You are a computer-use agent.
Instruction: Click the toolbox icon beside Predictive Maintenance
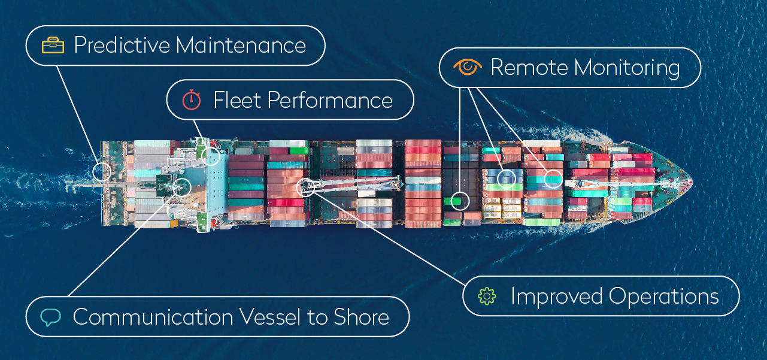point(53,46)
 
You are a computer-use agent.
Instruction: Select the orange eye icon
point(468,67)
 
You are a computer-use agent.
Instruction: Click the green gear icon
point(487,296)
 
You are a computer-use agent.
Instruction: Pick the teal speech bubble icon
point(51,317)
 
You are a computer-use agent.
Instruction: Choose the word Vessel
point(272,317)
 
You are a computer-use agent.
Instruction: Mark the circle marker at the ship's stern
point(102,172)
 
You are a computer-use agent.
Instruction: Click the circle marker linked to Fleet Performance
point(210,156)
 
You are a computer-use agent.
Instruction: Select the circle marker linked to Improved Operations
point(305,187)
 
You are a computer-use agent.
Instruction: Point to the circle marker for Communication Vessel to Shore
point(181,187)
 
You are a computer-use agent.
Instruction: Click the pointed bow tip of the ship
point(692,180)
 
